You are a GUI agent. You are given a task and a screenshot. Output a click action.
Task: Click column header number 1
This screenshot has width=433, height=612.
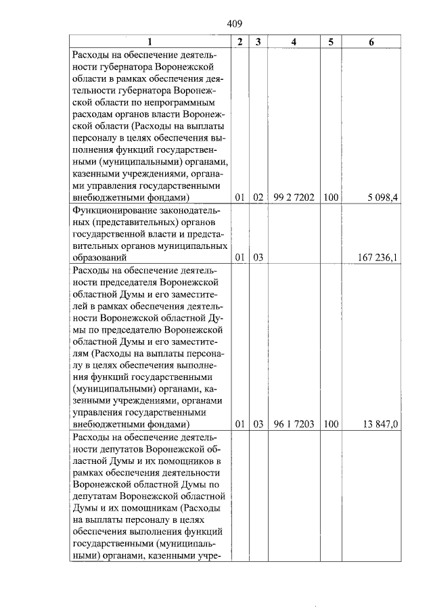coord(150,42)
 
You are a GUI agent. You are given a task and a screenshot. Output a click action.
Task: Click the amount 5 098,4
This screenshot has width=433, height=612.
coord(383,197)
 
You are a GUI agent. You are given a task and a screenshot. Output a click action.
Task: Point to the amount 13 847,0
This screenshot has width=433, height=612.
coord(382,425)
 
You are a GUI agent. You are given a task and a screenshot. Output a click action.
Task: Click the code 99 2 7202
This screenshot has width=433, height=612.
coord(294,197)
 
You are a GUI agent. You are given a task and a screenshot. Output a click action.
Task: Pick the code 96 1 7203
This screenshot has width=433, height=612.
coord(294,425)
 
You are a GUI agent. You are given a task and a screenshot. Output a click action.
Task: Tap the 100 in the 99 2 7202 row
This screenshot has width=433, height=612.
coord(330,197)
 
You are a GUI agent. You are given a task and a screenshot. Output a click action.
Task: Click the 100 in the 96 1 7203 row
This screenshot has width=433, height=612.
coord(330,425)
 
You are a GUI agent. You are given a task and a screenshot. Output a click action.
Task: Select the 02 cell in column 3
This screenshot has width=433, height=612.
coord(258,197)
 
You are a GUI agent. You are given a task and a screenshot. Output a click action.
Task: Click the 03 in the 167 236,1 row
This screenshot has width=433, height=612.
coord(258,258)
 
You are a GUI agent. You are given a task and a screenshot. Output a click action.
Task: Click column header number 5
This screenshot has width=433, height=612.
coord(330,42)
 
